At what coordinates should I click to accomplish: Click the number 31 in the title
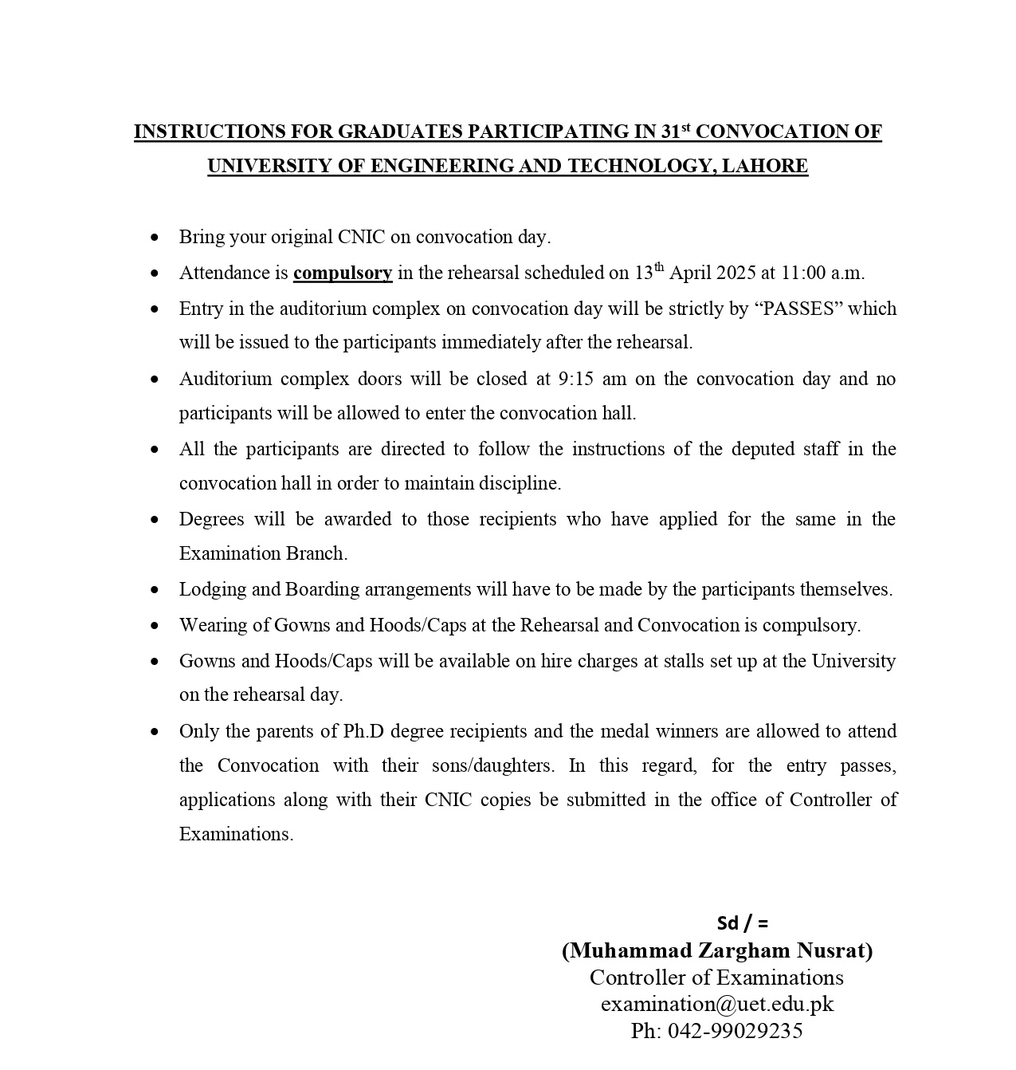tap(670, 132)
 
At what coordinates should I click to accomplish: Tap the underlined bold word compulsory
tap(343, 273)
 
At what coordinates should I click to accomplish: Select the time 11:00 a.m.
tap(822, 273)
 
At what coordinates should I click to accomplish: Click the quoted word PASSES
tap(798, 309)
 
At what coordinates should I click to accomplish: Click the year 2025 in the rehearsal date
tap(736, 273)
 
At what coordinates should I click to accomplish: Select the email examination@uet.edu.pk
tap(717, 1004)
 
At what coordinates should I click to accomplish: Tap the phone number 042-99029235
tap(735, 1031)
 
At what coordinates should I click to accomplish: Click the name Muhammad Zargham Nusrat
tap(717, 950)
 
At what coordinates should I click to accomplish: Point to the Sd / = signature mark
tap(743, 923)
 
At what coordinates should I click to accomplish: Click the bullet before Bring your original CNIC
tap(155, 238)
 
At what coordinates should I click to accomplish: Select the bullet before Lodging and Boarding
tap(155, 590)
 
